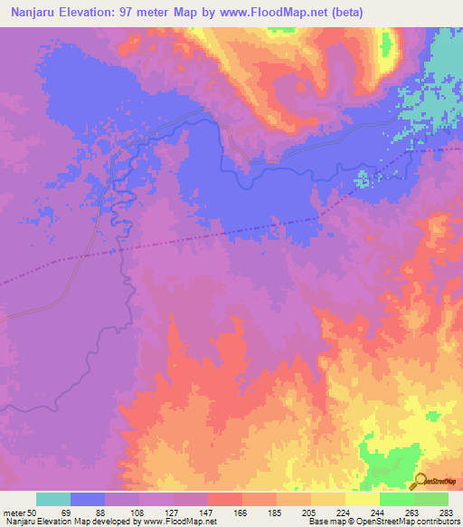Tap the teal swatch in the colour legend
tap(53, 499)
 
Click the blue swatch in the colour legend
tap(88, 499)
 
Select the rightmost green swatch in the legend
tap(430, 499)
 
